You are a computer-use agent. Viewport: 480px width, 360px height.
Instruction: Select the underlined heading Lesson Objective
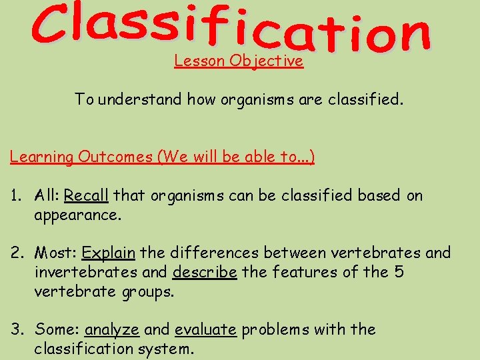pyautogui.click(x=239, y=61)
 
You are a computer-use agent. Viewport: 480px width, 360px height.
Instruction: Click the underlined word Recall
pyautogui.click(x=86, y=195)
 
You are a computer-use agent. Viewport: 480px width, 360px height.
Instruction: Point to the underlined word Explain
pyautogui.click(x=109, y=253)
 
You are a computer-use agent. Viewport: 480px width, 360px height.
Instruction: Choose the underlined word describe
pyautogui.click(x=205, y=273)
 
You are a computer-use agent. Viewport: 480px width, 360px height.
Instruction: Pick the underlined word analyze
pyautogui.click(x=112, y=329)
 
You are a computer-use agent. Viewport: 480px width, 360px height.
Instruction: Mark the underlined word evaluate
pyautogui.click(x=205, y=329)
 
